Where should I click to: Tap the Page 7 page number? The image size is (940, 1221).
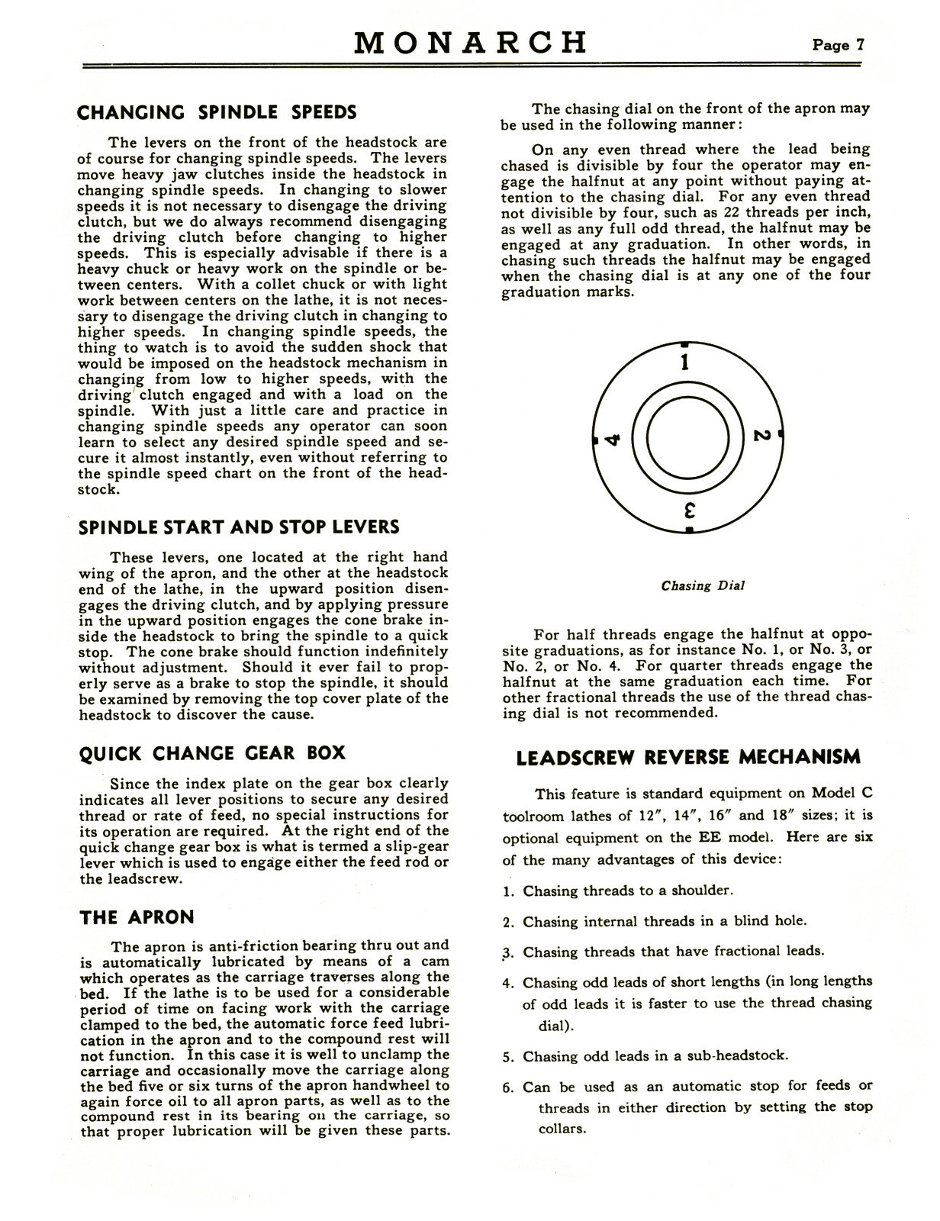838,44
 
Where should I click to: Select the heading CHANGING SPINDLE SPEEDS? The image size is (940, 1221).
217,113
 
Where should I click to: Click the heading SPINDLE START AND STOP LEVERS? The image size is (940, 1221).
239,527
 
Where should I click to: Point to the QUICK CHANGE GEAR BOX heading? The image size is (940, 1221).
212,753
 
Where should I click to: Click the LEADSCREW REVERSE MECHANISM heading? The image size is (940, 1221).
688,757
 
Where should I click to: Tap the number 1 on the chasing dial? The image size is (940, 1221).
685,361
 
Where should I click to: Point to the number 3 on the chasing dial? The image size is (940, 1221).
687,509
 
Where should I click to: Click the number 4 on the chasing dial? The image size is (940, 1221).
613,440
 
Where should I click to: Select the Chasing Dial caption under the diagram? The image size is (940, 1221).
702,586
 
